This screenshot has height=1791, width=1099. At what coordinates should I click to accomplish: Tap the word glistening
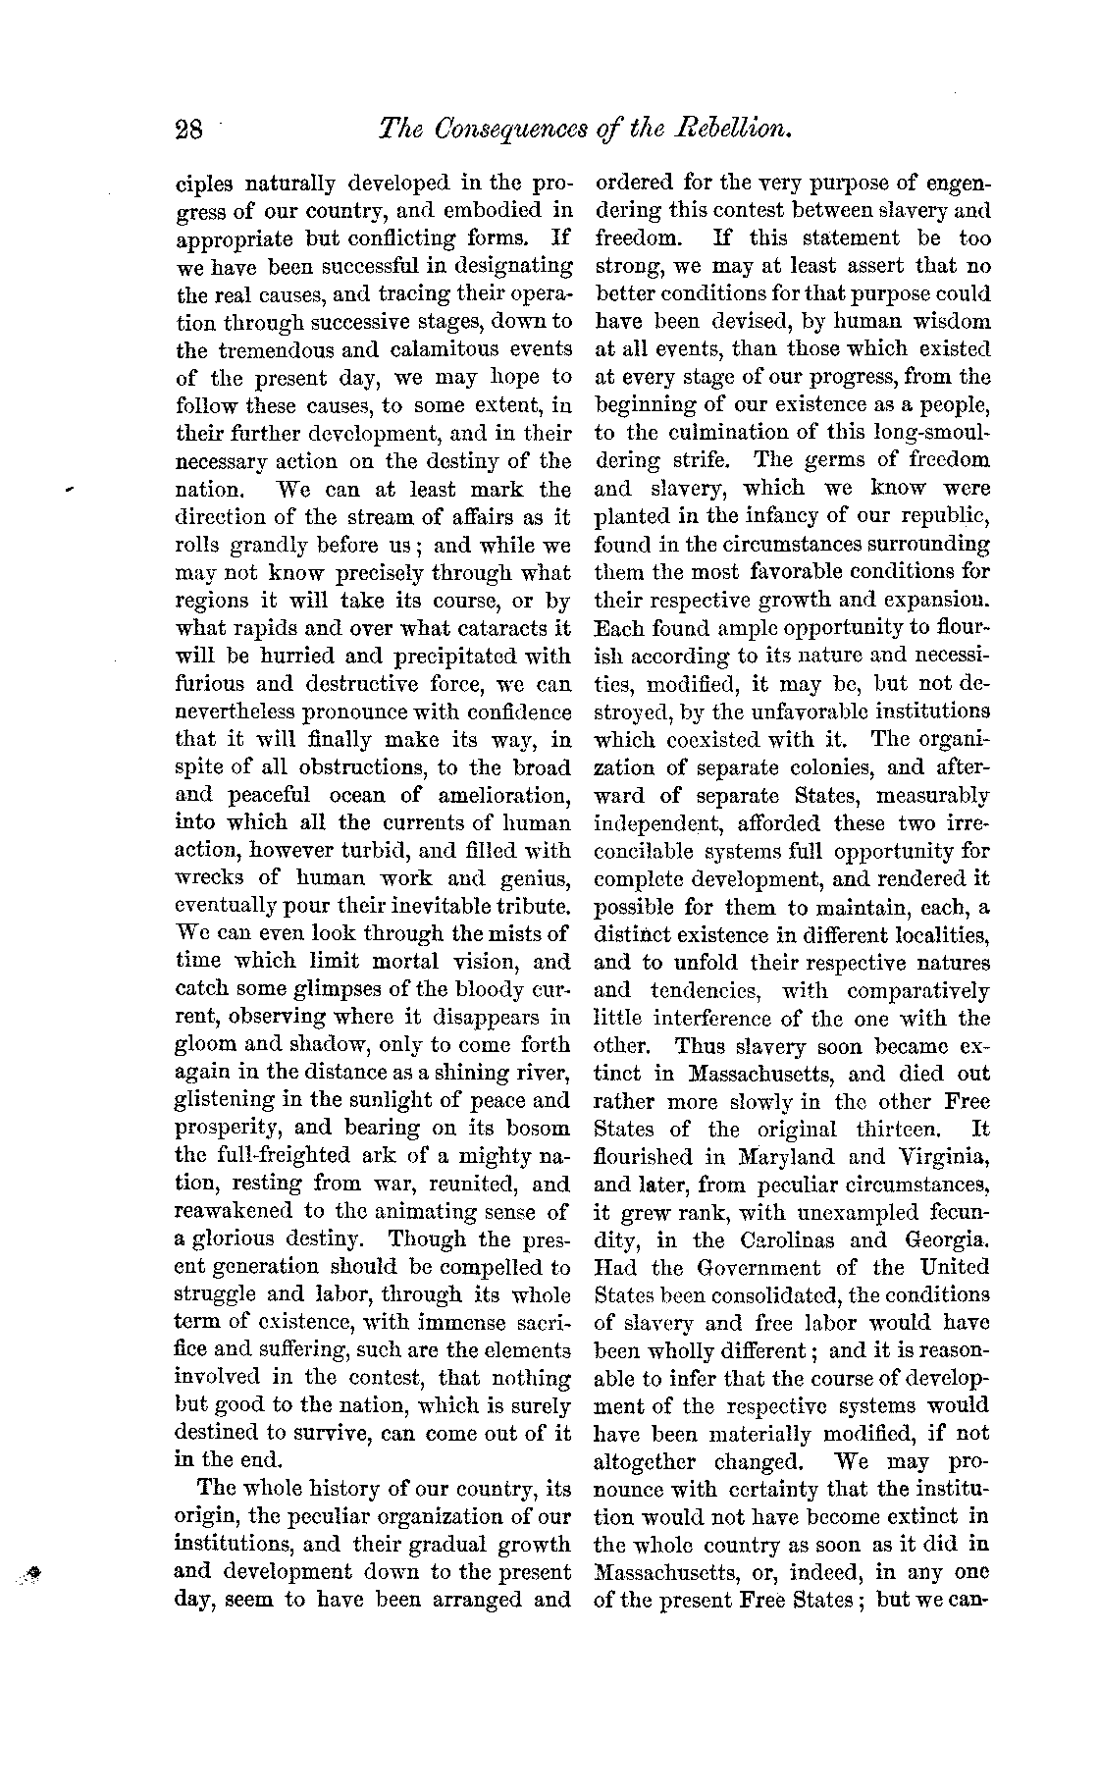click(231, 1101)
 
